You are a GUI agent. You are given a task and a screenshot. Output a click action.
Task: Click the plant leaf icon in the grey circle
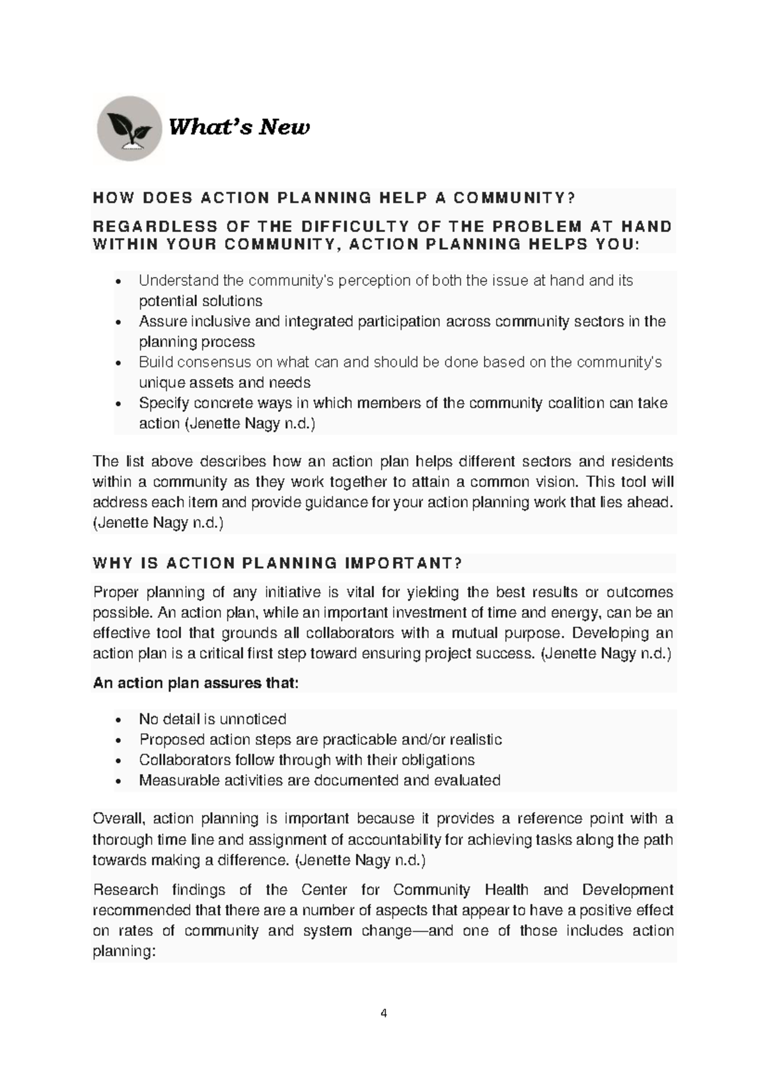point(130,128)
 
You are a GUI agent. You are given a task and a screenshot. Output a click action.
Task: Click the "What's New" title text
point(238,127)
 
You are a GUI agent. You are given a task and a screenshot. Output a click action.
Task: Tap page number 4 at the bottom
point(383,1013)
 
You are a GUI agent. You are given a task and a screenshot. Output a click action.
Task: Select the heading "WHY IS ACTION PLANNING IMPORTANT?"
point(277,563)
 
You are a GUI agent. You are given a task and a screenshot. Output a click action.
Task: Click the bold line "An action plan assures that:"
point(196,683)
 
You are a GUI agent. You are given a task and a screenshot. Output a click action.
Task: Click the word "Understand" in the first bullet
point(170,281)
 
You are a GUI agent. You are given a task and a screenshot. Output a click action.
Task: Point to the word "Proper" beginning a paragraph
point(114,592)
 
